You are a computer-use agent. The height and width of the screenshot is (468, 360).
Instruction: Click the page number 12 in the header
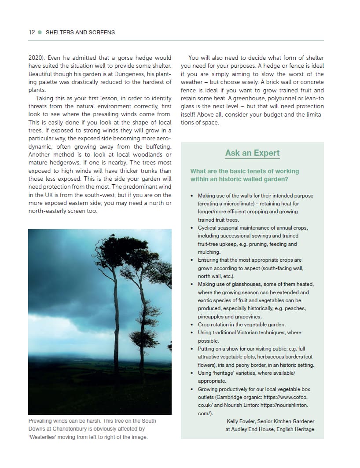[32, 32]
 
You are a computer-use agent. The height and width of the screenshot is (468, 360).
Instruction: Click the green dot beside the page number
[40, 32]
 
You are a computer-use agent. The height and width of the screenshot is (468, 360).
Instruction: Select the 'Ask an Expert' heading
[252, 153]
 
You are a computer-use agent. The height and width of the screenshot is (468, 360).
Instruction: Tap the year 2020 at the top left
[36, 58]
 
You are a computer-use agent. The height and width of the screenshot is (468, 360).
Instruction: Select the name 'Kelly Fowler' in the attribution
[241, 421]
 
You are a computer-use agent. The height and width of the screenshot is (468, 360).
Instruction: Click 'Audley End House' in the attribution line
[252, 429]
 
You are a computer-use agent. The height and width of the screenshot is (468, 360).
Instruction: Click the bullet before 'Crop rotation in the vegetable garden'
[192, 325]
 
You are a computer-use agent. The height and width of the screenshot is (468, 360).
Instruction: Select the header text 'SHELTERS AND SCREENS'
[80, 32]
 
